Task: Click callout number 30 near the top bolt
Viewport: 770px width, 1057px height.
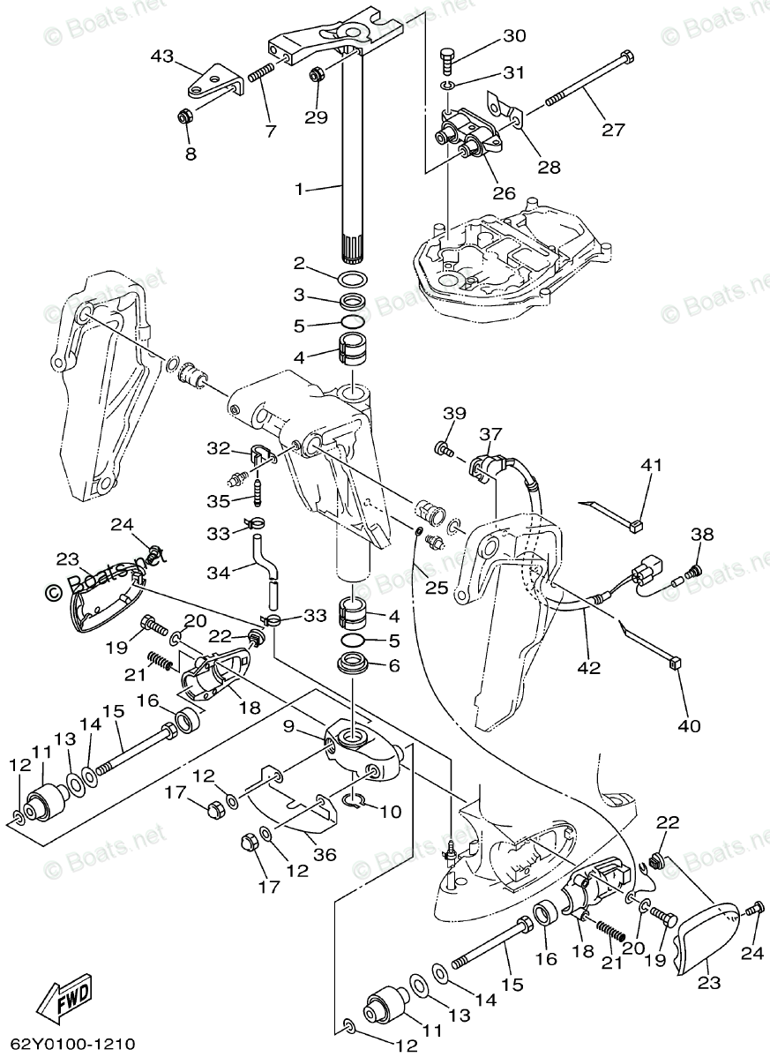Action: tap(514, 36)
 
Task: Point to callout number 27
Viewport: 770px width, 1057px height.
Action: tap(613, 130)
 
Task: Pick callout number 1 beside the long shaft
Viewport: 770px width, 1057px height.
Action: tap(299, 189)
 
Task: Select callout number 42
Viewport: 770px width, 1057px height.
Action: tap(588, 668)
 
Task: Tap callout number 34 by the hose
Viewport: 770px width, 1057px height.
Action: tap(219, 573)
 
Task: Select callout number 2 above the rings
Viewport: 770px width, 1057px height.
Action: tap(299, 263)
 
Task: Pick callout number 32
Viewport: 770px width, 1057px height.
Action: tap(218, 448)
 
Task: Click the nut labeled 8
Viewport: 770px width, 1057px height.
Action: tap(186, 116)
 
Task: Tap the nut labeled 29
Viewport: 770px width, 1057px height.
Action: tap(316, 77)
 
